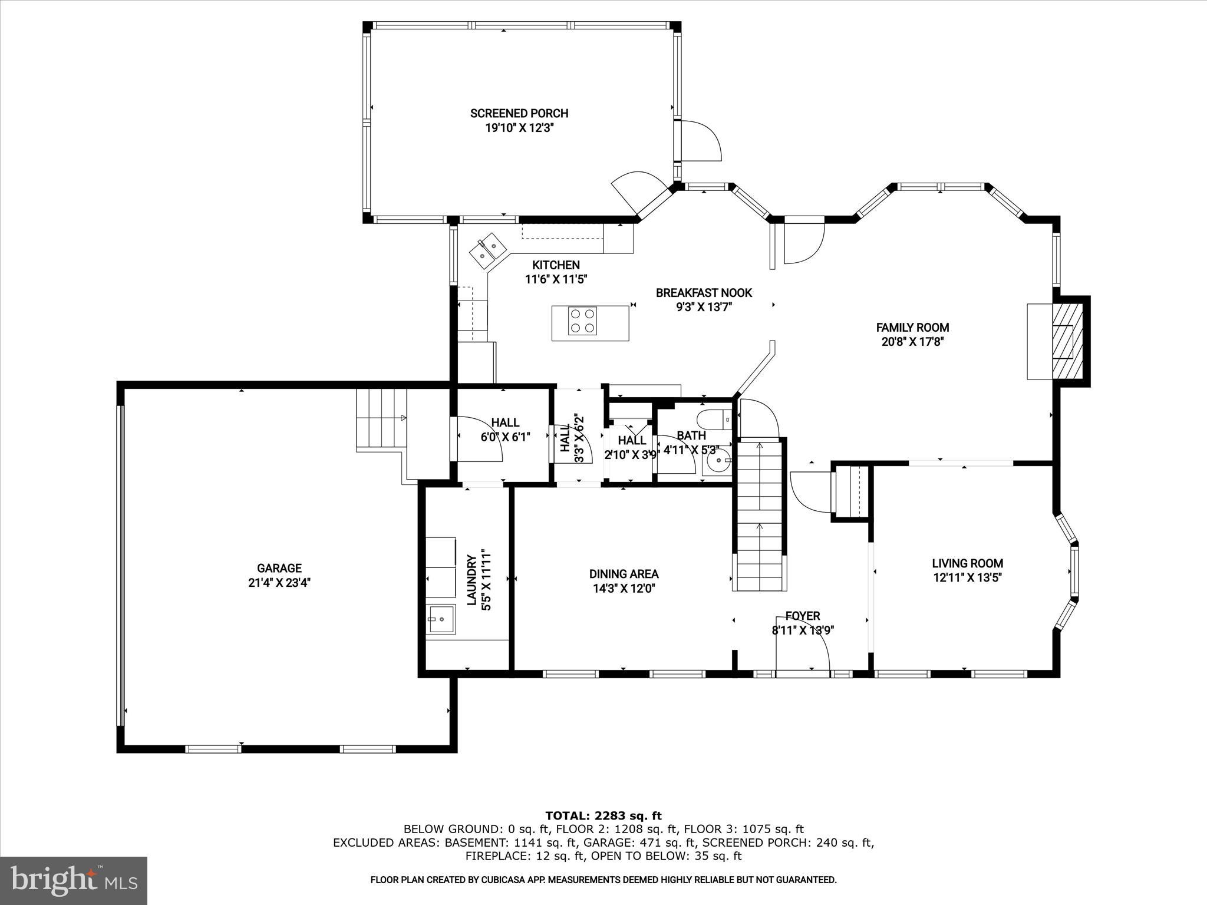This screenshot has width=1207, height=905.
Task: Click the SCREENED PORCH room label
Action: pos(519,113)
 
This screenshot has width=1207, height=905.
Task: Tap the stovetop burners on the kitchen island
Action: pos(582,322)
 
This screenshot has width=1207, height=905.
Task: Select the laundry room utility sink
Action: pos(441,619)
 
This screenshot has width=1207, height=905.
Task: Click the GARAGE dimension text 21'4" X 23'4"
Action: pos(279,583)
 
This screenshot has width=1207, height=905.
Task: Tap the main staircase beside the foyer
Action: pos(760,513)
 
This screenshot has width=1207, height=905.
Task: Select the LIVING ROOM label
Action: pos(967,563)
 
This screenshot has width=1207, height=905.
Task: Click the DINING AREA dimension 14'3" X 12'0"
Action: pos(624,588)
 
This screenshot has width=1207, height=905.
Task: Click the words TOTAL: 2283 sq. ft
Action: pos(603,815)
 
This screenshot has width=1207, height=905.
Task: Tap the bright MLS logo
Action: pos(74,881)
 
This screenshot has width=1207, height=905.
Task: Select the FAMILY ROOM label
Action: pos(912,328)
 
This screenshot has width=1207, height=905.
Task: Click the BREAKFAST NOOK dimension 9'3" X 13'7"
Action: pos(704,307)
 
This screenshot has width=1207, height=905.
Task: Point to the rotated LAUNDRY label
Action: pos(471,580)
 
